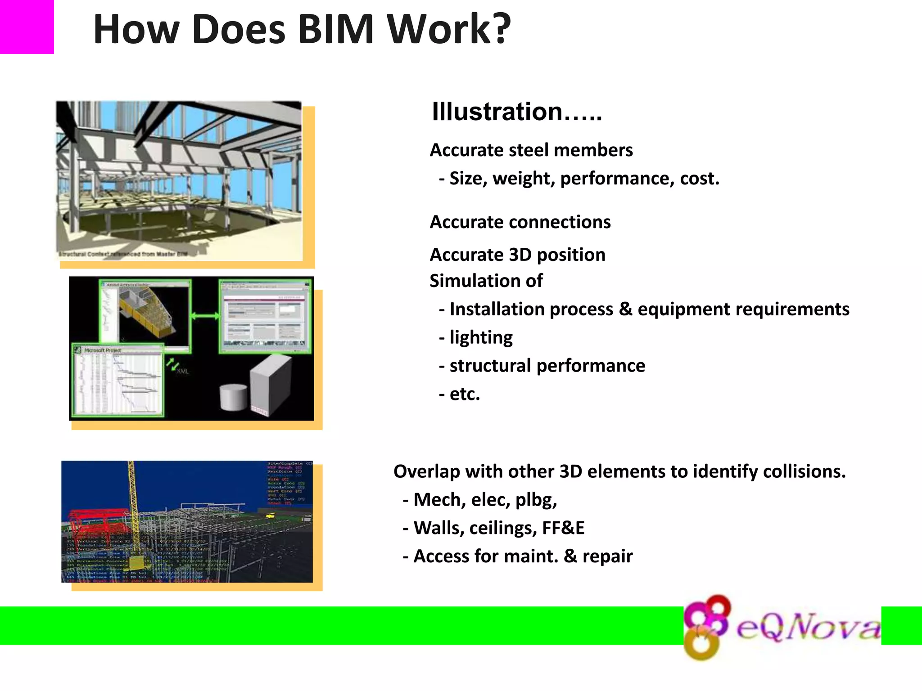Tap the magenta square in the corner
click(x=27, y=27)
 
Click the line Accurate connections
click(x=520, y=222)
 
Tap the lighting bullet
click(x=480, y=337)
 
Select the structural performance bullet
click(x=547, y=366)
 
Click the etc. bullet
click(x=464, y=394)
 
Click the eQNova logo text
click(x=808, y=627)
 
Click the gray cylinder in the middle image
click(x=233, y=397)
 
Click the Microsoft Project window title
click(x=103, y=350)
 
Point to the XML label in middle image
click(x=183, y=371)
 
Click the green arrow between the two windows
click(x=205, y=316)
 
